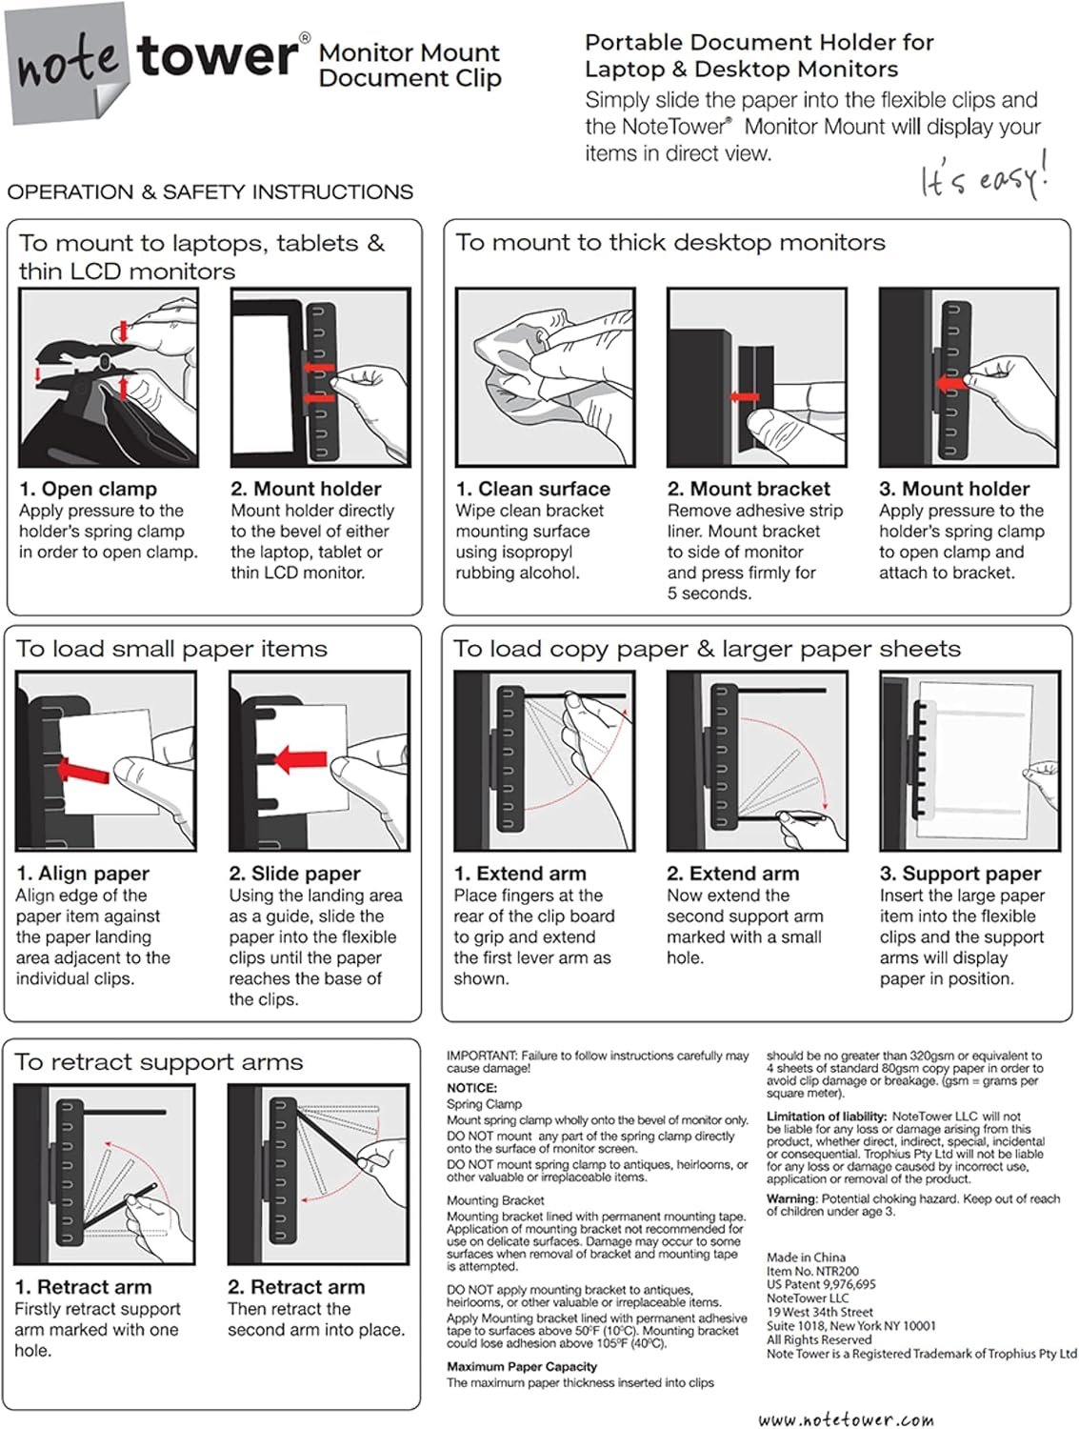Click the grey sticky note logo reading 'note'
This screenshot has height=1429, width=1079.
(67, 63)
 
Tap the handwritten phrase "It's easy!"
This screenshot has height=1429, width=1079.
(984, 175)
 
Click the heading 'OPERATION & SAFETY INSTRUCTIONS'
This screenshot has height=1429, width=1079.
(210, 191)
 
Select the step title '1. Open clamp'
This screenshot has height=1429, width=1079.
(88, 489)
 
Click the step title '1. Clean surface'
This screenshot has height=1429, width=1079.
(532, 489)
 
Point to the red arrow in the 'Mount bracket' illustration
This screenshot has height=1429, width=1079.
(745, 396)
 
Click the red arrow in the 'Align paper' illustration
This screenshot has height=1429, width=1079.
(93, 769)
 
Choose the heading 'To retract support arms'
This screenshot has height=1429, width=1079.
(158, 1062)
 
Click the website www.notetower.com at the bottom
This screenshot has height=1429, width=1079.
(846, 1419)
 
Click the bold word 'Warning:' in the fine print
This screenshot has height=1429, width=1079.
(791, 1198)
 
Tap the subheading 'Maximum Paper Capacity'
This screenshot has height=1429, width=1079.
(522, 1366)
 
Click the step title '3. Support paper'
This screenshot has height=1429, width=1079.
(960, 874)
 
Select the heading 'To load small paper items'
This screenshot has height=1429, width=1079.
(171, 649)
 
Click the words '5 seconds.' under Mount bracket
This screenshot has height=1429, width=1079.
(709, 594)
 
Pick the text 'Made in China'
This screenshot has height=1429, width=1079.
(806, 1258)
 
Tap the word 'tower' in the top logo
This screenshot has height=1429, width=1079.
(218, 57)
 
